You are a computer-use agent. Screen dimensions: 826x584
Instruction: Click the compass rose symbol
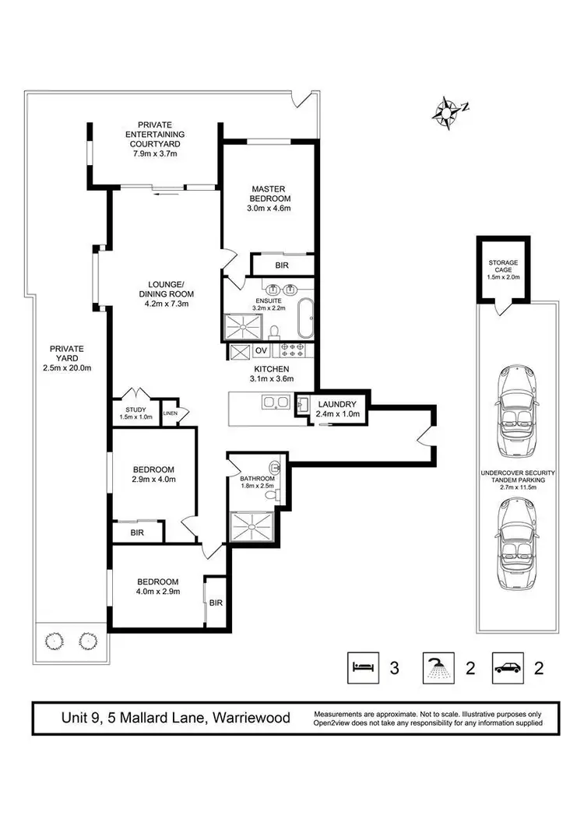click(x=446, y=111)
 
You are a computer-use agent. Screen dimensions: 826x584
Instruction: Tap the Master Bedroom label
click(x=269, y=194)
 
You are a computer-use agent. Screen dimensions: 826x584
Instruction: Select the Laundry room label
click(x=336, y=404)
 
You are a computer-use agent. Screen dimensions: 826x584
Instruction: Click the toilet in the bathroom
click(x=270, y=494)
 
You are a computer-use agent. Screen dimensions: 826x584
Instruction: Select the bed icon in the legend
click(x=362, y=667)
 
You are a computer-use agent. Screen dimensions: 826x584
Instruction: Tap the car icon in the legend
click(x=508, y=667)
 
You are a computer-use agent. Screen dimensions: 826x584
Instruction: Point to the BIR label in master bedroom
click(x=281, y=265)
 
